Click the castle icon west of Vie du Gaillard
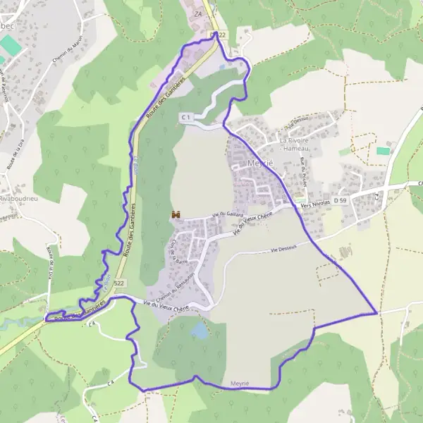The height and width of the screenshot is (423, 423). click(175, 214)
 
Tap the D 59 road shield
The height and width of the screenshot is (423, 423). click(341, 200)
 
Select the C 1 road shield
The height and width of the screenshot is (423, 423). click(186, 116)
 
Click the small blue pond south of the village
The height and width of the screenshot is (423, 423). click(200, 329)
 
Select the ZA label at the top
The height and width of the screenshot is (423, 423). click(198, 13)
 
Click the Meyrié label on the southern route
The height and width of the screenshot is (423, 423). click(241, 384)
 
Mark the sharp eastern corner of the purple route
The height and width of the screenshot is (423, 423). click(378, 312)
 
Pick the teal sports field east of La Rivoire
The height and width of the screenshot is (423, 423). click(383, 151)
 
